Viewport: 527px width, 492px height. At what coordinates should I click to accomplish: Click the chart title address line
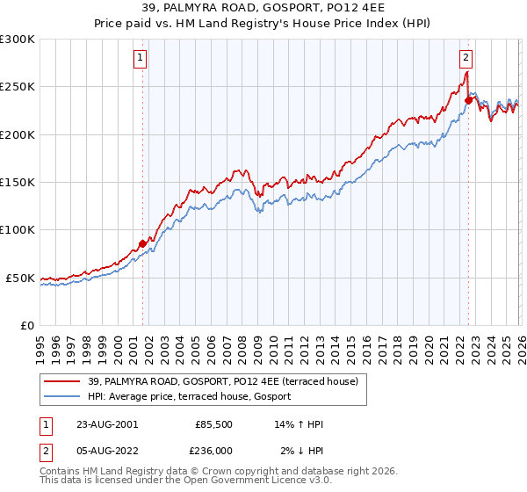coord(263,10)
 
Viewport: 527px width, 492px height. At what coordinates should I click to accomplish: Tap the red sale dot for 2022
coord(469,100)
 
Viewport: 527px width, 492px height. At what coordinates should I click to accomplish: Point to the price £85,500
coord(213,424)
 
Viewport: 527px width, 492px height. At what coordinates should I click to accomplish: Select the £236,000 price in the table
coord(213,451)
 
